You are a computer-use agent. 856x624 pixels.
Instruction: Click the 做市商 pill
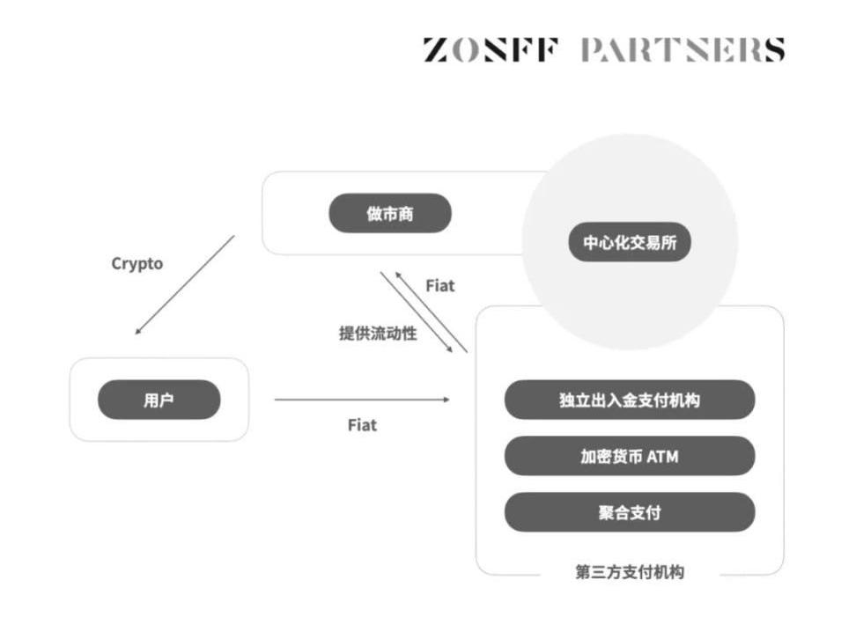click(389, 213)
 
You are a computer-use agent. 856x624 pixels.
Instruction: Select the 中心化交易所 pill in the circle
click(629, 242)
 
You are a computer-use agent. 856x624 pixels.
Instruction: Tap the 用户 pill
click(159, 400)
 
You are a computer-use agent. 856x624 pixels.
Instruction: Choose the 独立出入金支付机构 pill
click(629, 400)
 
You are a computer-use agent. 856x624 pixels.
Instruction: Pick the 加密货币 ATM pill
click(629, 456)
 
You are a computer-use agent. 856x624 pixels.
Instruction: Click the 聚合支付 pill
click(629, 512)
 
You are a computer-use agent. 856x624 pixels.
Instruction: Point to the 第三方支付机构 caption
click(629, 572)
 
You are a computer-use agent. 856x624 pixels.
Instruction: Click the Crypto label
click(137, 263)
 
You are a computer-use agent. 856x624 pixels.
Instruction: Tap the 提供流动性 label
click(378, 334)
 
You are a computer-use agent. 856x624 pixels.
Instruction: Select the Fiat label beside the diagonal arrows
click(440, 286)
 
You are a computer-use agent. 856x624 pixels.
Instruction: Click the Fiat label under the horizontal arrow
click(362, 425)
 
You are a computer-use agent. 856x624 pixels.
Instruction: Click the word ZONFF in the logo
click(490, 49)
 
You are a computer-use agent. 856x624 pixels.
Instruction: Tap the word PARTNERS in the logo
click(682, 49)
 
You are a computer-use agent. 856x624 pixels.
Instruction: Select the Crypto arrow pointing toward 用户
click(185, 284)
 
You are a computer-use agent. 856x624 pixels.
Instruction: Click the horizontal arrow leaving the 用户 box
click(361, 400)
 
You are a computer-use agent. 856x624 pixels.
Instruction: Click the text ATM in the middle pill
click(662, 456)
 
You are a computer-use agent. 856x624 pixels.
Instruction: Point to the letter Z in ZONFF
click(436, 49)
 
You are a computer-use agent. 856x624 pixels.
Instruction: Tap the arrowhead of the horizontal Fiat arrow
click(446, 400)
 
